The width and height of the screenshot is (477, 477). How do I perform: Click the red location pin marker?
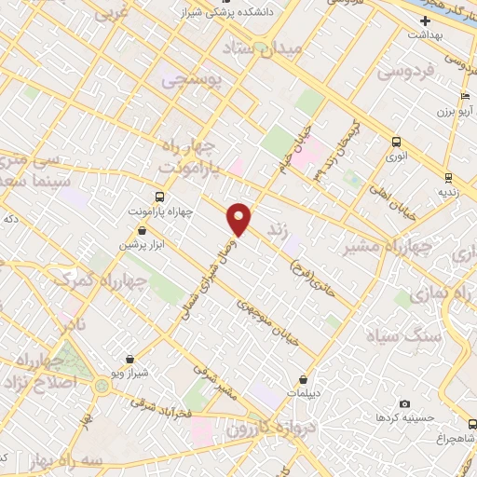click(x=240, y=219)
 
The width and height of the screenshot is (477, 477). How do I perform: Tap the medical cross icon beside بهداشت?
click(x=426, y=20)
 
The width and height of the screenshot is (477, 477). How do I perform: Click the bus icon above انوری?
click(x=397, y=143)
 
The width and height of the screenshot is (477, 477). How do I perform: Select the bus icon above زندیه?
click(x=448, y=177)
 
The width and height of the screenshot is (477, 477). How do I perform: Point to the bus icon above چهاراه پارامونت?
click(x=158, y=197)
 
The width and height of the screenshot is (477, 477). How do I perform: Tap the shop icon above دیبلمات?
click(x=304, y=379)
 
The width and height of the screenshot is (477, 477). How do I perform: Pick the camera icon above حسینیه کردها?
click(x=404, y=403)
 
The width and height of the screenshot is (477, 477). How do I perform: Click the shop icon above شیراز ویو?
click(x=129, y=359)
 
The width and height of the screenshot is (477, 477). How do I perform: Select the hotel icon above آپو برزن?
click(x=464, y=97)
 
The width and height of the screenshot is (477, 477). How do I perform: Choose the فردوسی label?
click(x=406, y=71)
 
